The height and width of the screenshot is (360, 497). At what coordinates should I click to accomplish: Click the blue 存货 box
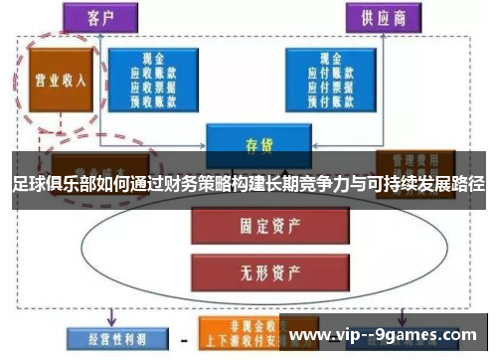251,144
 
